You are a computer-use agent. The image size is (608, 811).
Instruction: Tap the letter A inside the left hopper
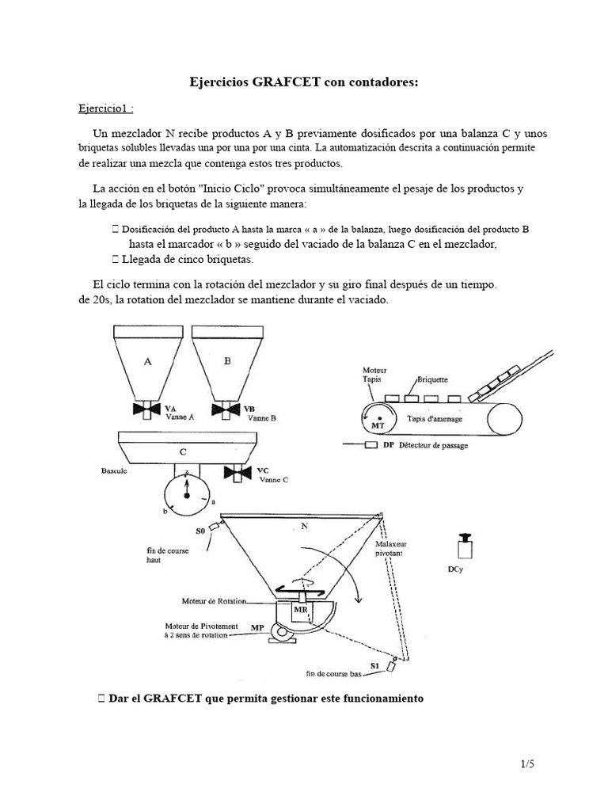point(147,360)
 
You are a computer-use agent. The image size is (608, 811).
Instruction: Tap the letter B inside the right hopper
point(227,360)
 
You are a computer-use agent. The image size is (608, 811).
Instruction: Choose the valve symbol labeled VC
point(238,473)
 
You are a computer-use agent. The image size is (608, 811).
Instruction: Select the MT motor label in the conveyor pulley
point(378,425)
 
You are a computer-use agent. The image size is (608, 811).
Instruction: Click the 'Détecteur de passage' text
point(434,446)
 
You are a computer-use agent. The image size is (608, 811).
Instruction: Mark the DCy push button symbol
point(465,548)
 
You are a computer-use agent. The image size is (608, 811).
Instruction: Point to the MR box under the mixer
point(301,611)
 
